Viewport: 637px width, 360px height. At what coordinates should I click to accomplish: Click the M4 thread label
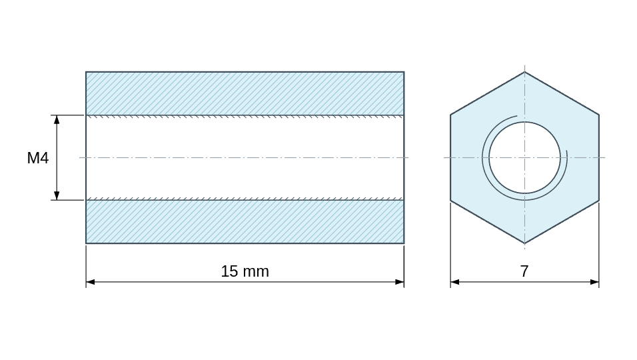point(38,158)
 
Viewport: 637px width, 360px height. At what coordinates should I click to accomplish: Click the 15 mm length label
point(245,271)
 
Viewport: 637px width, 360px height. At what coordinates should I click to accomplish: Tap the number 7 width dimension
point(524,271)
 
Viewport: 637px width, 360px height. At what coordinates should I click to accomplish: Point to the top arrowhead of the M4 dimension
point(57,119)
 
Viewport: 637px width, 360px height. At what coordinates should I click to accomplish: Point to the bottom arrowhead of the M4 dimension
point(57,196)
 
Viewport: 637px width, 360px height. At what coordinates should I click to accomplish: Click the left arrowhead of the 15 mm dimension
point(90,281)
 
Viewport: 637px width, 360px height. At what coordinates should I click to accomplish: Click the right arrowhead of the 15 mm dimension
point(400,281)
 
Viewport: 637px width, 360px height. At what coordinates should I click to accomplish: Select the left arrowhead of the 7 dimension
point(455,281)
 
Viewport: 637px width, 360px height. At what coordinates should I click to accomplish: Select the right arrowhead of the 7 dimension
point(594,281)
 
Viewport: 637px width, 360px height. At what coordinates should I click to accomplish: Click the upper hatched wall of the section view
point(245,93)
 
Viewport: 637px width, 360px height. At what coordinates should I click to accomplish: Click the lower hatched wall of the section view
point(245,221)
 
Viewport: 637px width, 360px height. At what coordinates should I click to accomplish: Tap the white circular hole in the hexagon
point(524,157)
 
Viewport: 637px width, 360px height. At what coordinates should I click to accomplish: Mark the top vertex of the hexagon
point(524,72)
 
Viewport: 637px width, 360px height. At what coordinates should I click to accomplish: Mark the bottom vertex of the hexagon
point(524,243)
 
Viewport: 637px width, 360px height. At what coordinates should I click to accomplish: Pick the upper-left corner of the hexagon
point(450,115)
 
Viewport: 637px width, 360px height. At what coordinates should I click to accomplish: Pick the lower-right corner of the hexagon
point(599,200)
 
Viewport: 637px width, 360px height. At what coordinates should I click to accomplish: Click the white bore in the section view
point(245,157)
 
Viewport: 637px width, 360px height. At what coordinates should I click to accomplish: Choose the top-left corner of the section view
point(86,72)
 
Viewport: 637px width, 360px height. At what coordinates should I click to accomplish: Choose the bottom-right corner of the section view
point(404,243)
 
